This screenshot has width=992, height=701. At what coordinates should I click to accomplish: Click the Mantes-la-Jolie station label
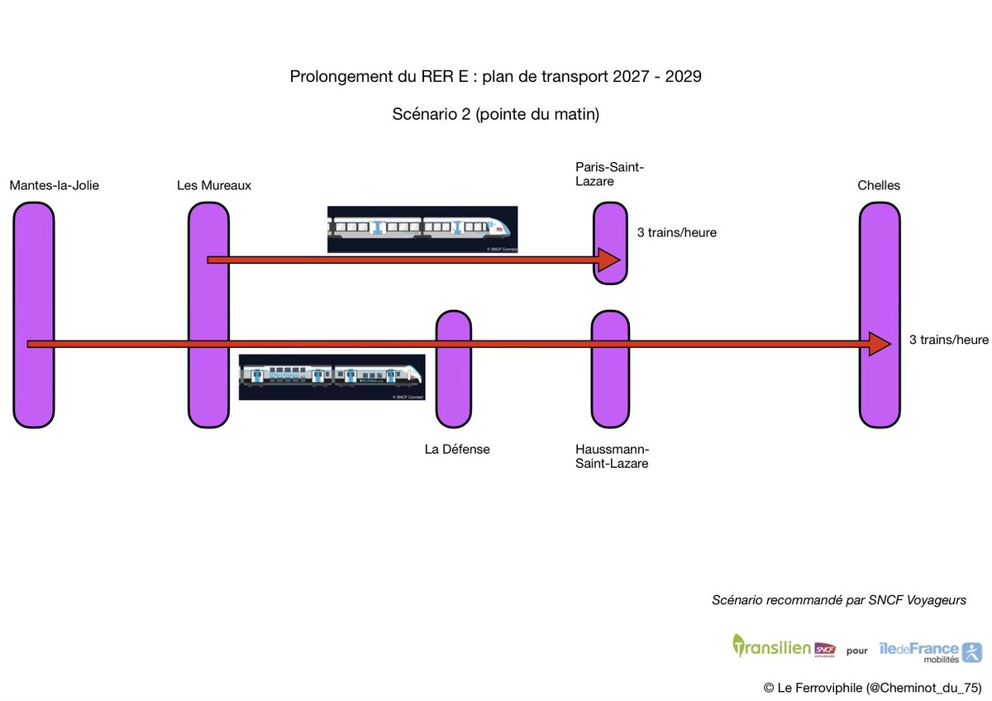55,186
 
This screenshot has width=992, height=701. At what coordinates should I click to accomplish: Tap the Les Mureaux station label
214,186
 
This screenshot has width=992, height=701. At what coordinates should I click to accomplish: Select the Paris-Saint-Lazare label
609,174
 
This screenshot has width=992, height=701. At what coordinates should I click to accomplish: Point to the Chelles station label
879,186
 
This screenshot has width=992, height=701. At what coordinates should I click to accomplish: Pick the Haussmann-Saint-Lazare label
613,456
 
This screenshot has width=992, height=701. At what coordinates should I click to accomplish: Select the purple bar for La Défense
453,389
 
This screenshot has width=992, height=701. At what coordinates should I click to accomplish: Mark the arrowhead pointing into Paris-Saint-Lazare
608,260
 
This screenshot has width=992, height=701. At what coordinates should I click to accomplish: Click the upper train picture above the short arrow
422,229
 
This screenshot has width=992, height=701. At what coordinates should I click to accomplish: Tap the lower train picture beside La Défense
331,377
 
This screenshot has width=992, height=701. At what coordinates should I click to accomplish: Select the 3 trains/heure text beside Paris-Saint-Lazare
676,233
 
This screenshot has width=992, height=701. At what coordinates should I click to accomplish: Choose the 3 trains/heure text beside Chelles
948,340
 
